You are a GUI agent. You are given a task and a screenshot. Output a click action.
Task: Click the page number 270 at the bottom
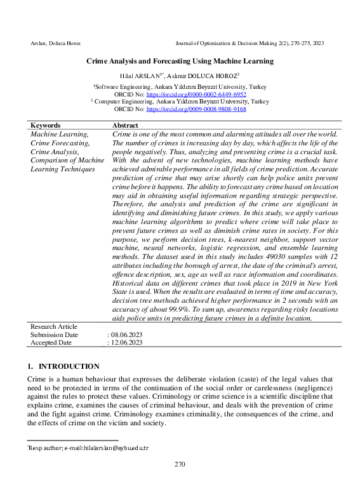[x=180, y=464]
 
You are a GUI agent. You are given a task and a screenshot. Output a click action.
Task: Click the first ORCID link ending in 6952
[x=196, y=93]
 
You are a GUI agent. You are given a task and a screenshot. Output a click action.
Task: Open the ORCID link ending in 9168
[x=196, y=109]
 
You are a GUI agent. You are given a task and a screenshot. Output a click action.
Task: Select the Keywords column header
[x=46, y=126]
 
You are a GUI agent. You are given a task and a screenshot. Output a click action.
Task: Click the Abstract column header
[x=125, y=126]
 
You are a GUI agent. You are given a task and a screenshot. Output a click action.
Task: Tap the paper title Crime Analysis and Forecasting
[x=180, y=62]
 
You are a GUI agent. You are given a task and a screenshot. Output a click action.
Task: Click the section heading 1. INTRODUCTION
[x=63, y=366]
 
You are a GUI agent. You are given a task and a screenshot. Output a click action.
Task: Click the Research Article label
[x=54, y=326]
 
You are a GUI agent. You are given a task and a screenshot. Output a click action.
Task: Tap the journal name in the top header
[x=249, y=43]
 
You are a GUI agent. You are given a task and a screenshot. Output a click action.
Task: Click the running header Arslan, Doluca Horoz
[x=56, y=43]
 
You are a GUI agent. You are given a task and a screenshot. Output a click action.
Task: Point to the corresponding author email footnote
[x=88, y=448]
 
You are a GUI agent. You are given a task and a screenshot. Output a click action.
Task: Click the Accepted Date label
[x=51, y=342]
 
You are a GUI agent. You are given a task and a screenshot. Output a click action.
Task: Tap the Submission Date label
[x=54, y=335]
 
